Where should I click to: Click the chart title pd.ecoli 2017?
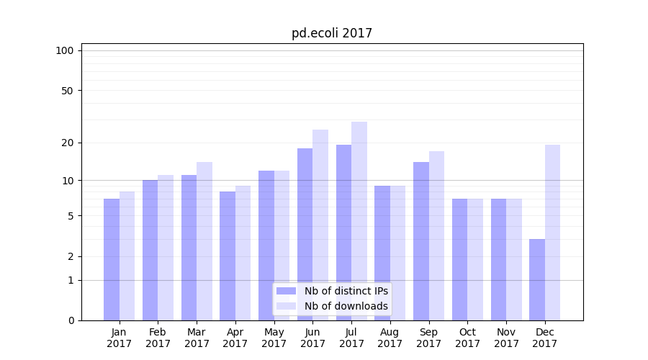pyautogui.click(x=332, y=33)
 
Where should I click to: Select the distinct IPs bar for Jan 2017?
pyautogui.click(x=112, y=259)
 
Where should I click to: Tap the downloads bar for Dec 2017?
pyautogui.click(x=552, y=233)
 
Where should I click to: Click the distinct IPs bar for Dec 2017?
pyautogui.click(x=537, y=279)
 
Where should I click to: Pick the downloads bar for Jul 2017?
pyautogui.click(x=359, y=221)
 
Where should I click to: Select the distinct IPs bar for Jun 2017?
pyautogui.click(x=305, y=234)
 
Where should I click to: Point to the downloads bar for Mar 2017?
pyautogui.click(x=204, y=241)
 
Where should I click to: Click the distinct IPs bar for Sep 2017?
pyautogui.click(x=421, y=241)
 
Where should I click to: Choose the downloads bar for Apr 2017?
pyautogui.click(x=243, y=253)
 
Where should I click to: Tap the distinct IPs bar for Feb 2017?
pyautogui.click(x=150, y=250)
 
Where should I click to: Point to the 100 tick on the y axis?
pyautogui.click(x=65, y=50)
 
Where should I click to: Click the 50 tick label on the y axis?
pyautogui.click(x=67, y=91)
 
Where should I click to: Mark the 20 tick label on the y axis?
pyautogui.click(x=67, y=143)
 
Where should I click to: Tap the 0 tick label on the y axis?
pyautogui.click(x=71, y=320)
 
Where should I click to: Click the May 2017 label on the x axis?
pyautogui.click(x=274, y=338)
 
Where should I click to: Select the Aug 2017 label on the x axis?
pyautogui.click(x=390, y=338)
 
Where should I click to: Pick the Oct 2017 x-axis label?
pyautogui.click(x=468, y=338)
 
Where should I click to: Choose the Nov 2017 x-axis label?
pyautogui.click(x=506, y=338)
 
